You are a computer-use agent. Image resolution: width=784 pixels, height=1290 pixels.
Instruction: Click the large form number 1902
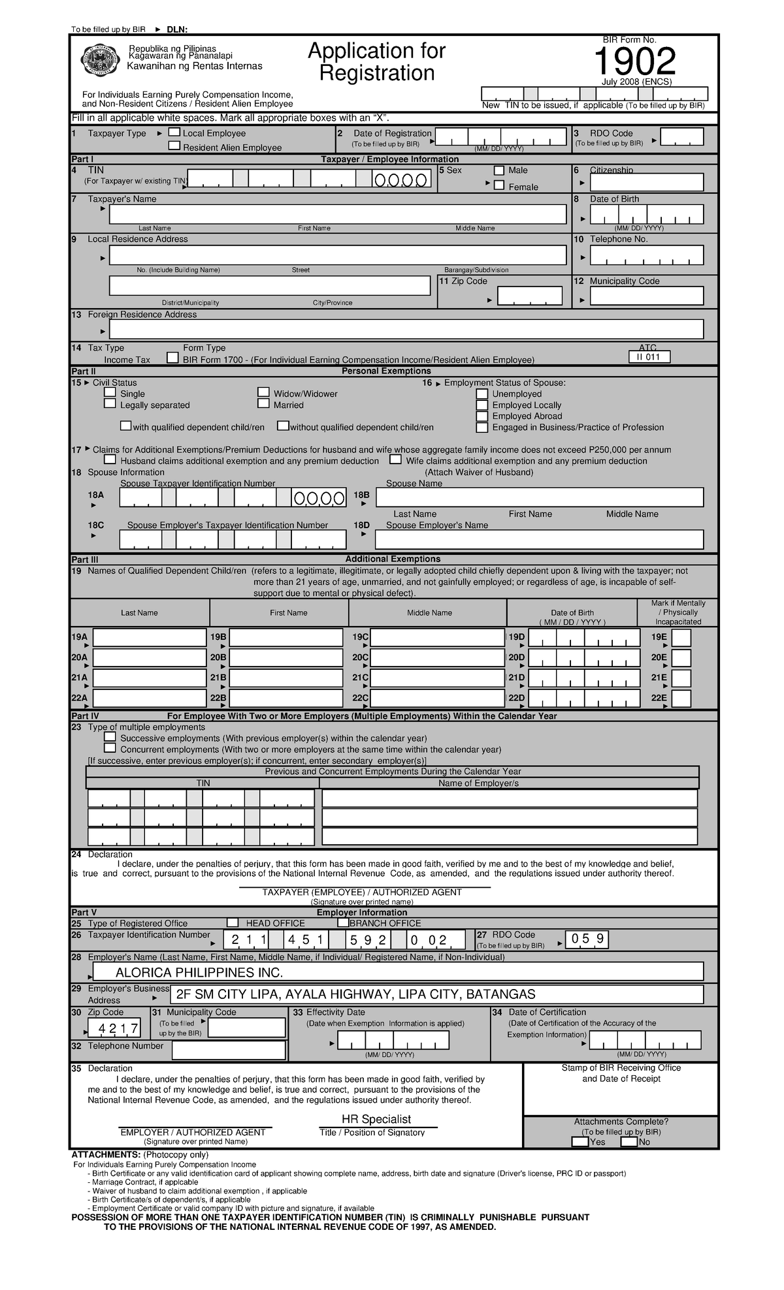tap(634, 63)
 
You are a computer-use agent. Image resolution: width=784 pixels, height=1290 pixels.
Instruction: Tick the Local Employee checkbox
tap(174, 133)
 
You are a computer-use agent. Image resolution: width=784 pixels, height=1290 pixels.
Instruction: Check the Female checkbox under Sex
tap(499, 186)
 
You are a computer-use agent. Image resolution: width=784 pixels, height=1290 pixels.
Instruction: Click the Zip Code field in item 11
tap(529, 296)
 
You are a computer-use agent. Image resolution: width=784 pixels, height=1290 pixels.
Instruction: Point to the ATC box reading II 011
tap(649, 357)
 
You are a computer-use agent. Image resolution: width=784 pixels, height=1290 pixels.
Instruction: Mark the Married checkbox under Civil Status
tap(263, 404)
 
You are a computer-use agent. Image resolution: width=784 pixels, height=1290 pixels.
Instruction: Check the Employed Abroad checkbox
tap(482, 416)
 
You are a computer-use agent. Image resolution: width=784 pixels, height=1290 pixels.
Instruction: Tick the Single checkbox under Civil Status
tap(110, 393)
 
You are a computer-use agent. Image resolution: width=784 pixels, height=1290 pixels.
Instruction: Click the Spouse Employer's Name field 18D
tap(539, 539)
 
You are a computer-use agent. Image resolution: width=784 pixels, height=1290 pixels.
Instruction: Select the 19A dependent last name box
tap(150, 638)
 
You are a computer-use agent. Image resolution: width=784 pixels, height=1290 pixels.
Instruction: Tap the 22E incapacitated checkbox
tap(681, 699)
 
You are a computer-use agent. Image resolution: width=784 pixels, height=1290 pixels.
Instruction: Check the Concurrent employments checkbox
tap(110, 748)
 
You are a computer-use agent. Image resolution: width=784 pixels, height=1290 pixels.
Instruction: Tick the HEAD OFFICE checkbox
tap(233, 922)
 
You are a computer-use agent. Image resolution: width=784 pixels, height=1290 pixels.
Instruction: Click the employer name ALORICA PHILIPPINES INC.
tap(199, 973)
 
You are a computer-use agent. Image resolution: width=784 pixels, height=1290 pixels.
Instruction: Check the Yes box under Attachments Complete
tap(580, 1142)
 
